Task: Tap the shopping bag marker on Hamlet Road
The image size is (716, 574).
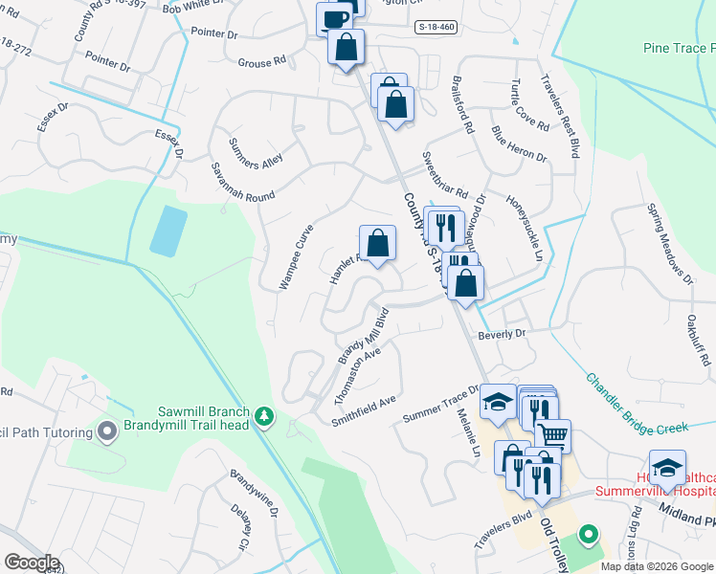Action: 378,242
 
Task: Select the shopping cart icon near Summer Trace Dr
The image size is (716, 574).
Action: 552,435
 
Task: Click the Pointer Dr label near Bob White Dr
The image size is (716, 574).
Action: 214,33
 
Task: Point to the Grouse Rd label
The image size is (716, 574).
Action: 261,61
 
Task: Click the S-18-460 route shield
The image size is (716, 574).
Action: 436,28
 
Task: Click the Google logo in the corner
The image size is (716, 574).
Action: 32,563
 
